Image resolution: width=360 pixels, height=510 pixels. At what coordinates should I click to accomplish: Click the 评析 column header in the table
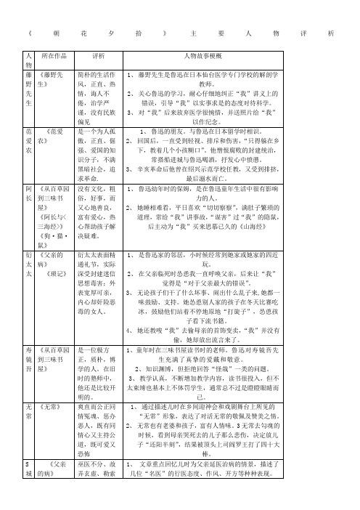coord(99,55)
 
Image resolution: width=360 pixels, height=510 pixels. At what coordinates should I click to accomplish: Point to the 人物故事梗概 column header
coord(203,55)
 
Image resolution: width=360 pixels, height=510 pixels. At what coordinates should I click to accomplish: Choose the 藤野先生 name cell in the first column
coord(28,89)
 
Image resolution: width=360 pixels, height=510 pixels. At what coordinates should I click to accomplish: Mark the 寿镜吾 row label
coord(28,357)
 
